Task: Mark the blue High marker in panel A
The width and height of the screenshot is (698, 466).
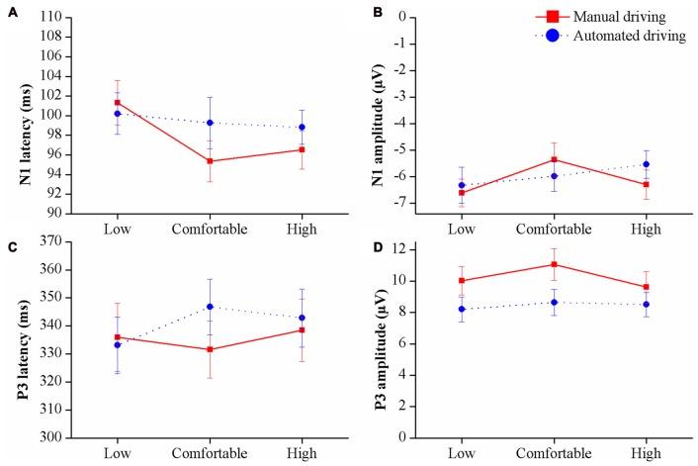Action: [302, 128]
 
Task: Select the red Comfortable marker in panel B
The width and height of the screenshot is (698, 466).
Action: [556, 159]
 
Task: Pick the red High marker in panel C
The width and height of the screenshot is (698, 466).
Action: [302, 330]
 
